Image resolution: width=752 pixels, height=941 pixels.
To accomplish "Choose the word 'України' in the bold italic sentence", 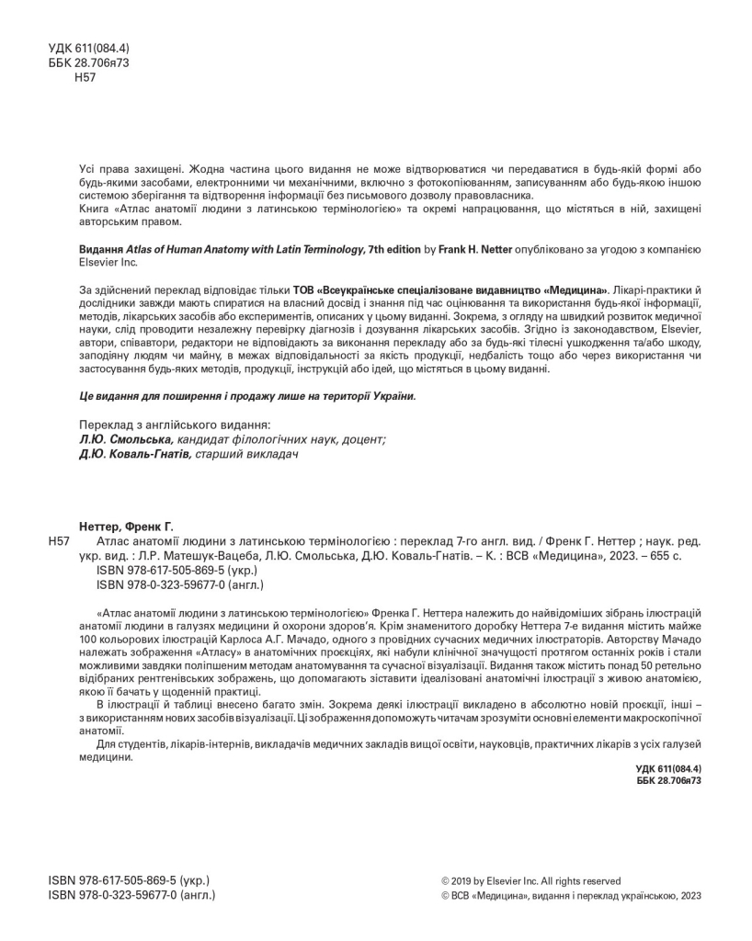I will click(390, 395).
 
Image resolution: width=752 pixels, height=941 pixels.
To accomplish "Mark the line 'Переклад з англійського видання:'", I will click(176, 425).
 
